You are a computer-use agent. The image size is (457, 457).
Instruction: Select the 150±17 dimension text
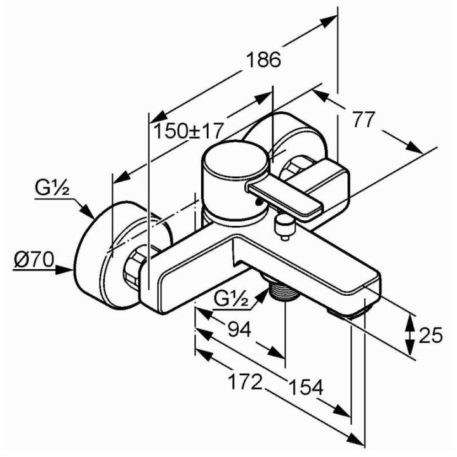click(189, 131)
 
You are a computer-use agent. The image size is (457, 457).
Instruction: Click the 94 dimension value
click(239, 329)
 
